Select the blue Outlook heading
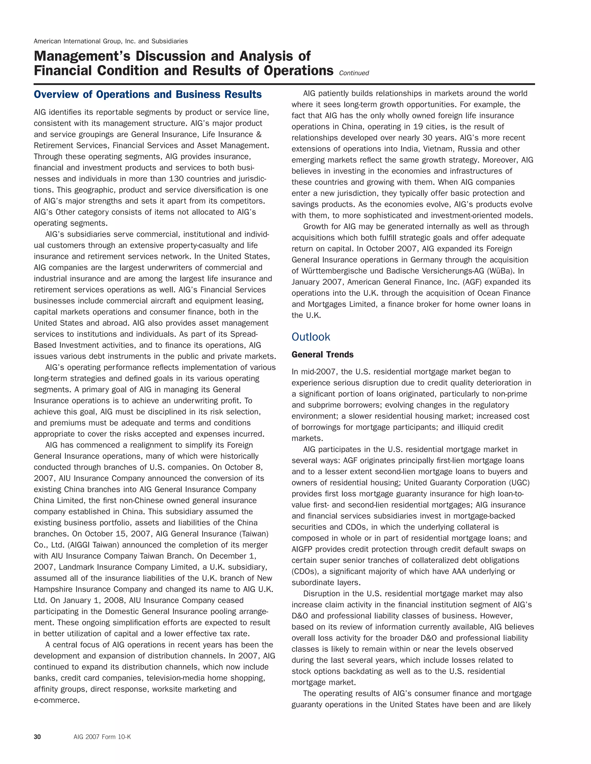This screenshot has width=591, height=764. pyautogui.click(x=311, y=336)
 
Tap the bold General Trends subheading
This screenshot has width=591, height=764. pyautogui.click(x=322, y=354)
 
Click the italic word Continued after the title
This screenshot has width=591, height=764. pyautogui.click(x=354, y=73)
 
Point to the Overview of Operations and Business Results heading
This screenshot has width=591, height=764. pyautogui.click(x=147, y=95)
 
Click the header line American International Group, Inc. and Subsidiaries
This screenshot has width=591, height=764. pyautogui.click(x=111, y=41)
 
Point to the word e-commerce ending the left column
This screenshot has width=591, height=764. pyautogui.click(x=56, y=700)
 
